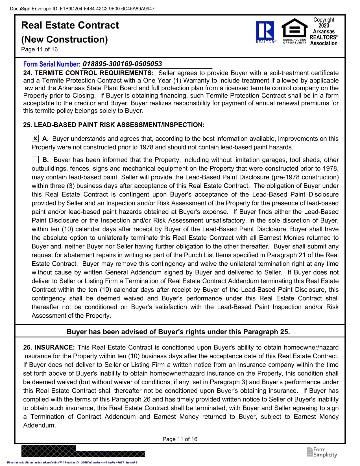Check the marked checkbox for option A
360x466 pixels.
[35, 139]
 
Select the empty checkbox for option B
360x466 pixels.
[35, 160]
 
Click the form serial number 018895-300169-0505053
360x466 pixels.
[122, 64]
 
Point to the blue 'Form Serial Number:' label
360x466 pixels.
[52, 64]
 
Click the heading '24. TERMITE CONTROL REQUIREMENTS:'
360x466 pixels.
[88, 73]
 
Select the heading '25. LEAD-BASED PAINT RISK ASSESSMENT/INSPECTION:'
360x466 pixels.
[114, 125]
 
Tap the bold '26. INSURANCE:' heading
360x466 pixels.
[49, 347]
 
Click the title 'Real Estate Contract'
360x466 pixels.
[70, 25]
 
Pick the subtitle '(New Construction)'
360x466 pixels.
[65, 39]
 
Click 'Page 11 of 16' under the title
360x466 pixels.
[40, 49]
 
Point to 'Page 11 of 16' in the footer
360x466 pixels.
[180, 439]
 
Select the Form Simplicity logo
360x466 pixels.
[322, 452]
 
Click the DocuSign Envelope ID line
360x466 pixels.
[82, 8]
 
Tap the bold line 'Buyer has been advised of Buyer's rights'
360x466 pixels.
[178, 332]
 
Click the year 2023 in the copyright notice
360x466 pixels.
[324, 26]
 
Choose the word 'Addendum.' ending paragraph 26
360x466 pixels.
[40, 425]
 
